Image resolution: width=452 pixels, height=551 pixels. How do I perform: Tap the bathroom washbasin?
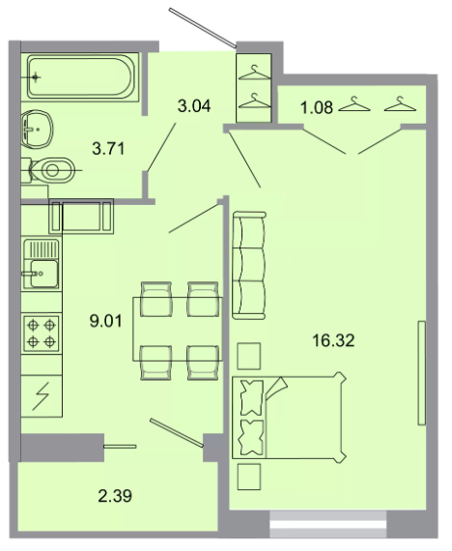click(x=37, y=130)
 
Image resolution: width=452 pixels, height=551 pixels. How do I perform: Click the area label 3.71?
click(x=108, y=148)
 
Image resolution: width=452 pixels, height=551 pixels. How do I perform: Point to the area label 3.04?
click(x=194, y=105)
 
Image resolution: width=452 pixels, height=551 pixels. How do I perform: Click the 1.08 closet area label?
click(x=317, y=107)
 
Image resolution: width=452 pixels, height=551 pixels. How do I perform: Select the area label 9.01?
click(x=105, y=321)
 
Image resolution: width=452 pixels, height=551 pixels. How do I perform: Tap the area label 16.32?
click(x=333, y=340)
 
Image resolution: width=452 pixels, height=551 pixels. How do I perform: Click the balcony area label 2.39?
click(x=115, y=496)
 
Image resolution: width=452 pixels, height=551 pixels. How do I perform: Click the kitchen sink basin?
click(x=43, y=274)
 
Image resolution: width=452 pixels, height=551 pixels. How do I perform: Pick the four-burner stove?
click(x=42, y=333)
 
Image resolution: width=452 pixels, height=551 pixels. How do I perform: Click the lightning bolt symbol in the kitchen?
click(x=42, y=396)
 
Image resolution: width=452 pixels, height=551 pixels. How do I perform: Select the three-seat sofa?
click(x=249, y=265)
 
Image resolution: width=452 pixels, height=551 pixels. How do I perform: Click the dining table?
click(x=178, y=329)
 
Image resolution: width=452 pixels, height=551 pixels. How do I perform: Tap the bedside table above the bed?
click(x=249, y=356)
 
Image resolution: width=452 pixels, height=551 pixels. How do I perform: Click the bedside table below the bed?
click(x=249, y=477)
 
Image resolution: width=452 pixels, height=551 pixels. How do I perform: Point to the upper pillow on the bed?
click(x=251, y=397)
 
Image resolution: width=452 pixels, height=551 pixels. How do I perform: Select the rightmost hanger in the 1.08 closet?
click(x=400, y=104)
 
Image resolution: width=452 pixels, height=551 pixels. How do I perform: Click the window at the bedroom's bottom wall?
click(x=328, y=525)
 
